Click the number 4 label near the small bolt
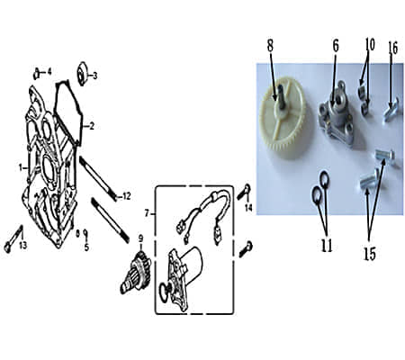[x=49, y=72]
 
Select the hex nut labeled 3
[x=82, y=73]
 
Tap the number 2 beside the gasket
[x=92, y=126]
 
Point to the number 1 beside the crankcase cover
[x=21, y=167]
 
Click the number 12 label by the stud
[x=127, y=196]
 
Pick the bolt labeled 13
[x=13, y=239]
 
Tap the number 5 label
[x=86, y=247]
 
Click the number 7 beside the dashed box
[x=147, y=213]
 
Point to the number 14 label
[x=248, y=207]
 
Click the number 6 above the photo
[x=336, y=46]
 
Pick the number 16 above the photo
[x=392, y=48]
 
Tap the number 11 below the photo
[x=327, y=246]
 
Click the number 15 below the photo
[x=370, y=254]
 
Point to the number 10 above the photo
[x=370, y=44]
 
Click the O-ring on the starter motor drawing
[x=165, y=290]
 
